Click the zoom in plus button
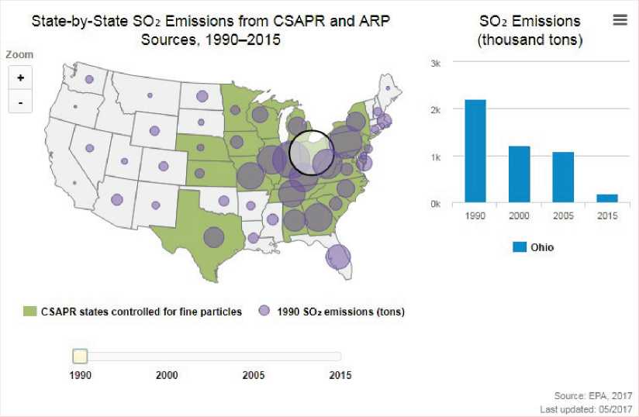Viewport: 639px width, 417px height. [x=20, y=78]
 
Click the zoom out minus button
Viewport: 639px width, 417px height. [x=20, y=102]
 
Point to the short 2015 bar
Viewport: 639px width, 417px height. [x=607, y=198]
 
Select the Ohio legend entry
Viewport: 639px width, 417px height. [x=534, y=247]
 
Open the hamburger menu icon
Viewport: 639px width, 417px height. [x=620, y=20]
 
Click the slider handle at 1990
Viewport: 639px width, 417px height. [x=79, y=357]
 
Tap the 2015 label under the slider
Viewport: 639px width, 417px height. [x=340, y=376]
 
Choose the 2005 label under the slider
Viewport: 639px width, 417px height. [x=254, y=376]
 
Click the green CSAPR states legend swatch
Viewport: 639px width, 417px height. [x=30, y=312]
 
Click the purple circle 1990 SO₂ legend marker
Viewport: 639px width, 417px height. [x=264, y=312]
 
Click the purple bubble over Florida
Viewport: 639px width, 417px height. [x=337, y=257]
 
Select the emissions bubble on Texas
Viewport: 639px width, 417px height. [x=214, y=237]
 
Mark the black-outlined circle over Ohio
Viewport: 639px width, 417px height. [x=312, y=152]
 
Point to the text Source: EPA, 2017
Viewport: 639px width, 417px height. [x=593, y=396]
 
